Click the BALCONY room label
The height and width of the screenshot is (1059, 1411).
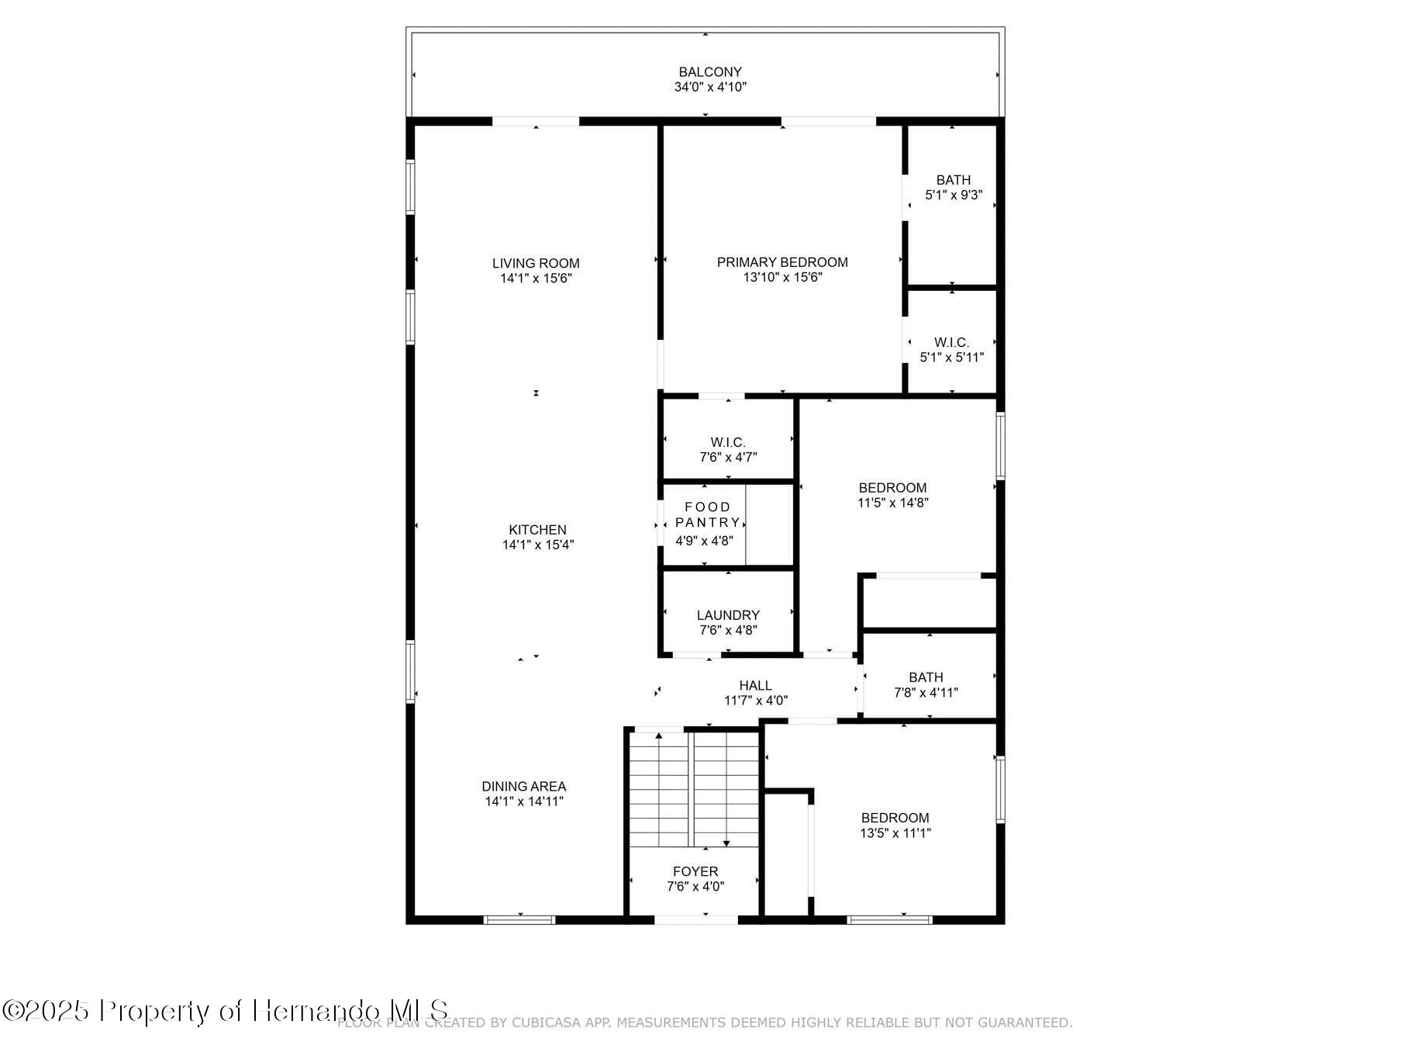tap(710, 72)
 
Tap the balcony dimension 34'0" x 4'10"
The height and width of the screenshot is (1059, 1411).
tap(710, 87)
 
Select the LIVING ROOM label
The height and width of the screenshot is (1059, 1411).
tap(536, 263)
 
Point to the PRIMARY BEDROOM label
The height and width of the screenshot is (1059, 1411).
tap(782, 262)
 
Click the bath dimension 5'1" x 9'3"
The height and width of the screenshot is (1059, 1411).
tap(954, 195)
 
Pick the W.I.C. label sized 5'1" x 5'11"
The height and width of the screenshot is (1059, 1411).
tap(951, 342)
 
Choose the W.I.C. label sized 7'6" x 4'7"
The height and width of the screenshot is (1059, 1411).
tap(728, 442)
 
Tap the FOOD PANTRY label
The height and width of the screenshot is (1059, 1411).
tap(707, 514)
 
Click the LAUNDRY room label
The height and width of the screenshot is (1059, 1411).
tap(728, 615)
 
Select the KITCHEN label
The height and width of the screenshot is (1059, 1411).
tap(537, 530)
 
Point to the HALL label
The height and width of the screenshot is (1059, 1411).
tap(755, 685)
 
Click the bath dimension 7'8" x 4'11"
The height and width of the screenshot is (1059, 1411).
tap(926, 692)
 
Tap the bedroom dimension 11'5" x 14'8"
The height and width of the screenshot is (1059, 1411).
tap(892, 503)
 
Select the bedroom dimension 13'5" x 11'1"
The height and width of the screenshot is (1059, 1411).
tap(895, 833)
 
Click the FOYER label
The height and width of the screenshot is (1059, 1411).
tap(695, 871)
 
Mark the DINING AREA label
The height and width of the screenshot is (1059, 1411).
tap(524, 786)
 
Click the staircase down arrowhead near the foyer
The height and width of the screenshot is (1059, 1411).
tap(726, 843)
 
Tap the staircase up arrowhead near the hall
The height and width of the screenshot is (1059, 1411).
tap(659, 735)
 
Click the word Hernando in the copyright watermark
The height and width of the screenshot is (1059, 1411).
tap(317, 1011)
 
